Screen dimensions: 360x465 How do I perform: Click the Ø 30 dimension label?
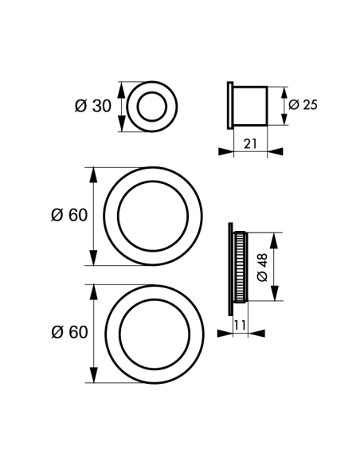pyautogui.click(x=93, y=106)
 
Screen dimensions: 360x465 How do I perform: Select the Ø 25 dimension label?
pyautogui.click(x=303, y=104)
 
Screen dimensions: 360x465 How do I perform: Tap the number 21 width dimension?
pyautogui.click(x=250, y=144)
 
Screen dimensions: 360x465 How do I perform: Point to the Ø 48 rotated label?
pyautogui.click(x=263, y=268)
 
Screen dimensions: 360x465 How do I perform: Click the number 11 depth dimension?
pyautogui.click(x=240, y=325)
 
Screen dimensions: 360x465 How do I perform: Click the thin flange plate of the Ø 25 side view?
pyautogui.click(x=230, y=105)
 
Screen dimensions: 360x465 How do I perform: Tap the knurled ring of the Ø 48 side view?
pyautogui.click(x=240, y=268)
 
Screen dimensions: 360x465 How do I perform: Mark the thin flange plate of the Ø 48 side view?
pyautogui.click(x=230, y=269)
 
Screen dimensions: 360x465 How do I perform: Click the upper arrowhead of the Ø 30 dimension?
pyautogui.click(x=121, y=91)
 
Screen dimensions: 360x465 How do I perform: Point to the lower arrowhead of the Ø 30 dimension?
pyautogui.click(x=121, y=123)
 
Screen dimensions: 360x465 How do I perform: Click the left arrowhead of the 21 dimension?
pyautogui.click(x=226, y=151)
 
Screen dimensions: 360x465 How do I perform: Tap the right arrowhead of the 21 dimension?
pyautogui.click(x=276, y=151)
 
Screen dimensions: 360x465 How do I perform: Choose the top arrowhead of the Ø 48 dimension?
pyautogui.click(x=275, y=241)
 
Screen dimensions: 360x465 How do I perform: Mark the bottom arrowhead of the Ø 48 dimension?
pyautogui.click(x=275, y=293)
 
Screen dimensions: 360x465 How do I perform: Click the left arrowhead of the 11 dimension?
pyautogui.click(x=225, y=334)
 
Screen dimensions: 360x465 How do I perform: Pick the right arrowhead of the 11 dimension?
pyautogui.click(x=256, y=334)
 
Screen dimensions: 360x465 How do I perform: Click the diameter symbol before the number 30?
pyautogui.click(x=80, y=106)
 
